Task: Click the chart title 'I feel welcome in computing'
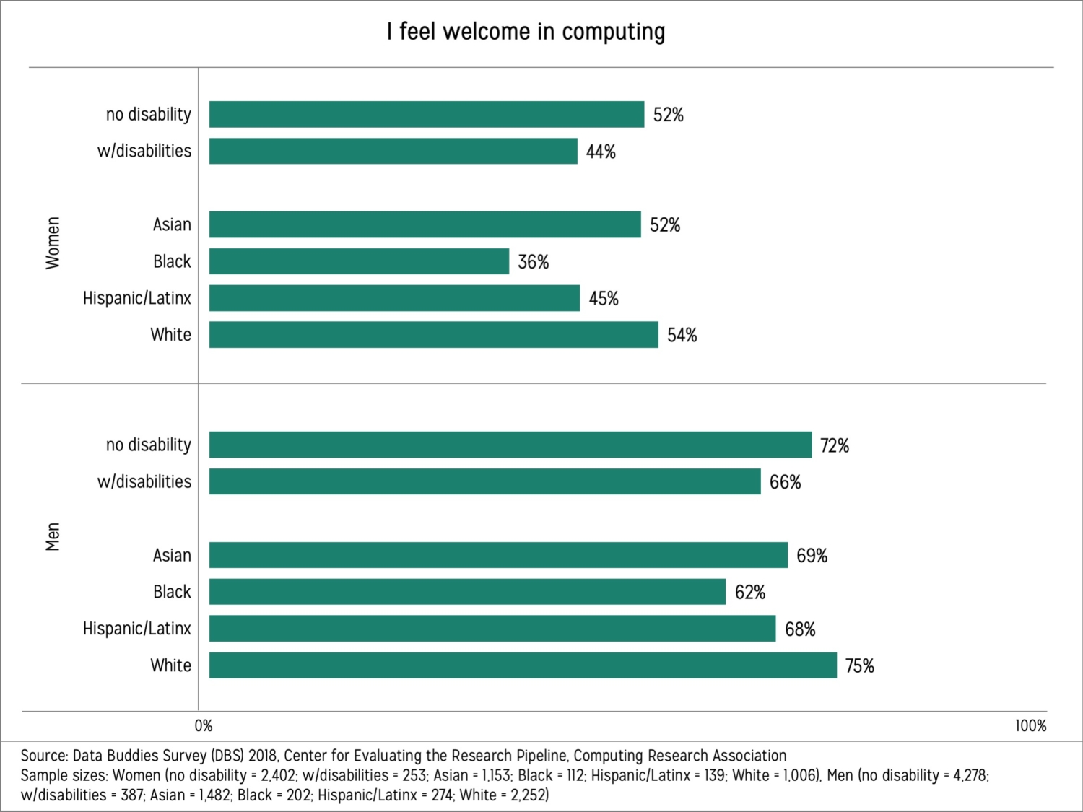tap(526, 32)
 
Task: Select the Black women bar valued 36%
tap(359, 261)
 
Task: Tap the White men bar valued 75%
tap(523, 665)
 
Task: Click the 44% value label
tap(601, 152)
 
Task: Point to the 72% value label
tap(834, 445)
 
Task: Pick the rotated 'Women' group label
tap(53, 243)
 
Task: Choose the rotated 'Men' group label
tap(53, 537)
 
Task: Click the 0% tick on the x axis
tap(204, 725)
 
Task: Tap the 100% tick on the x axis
tap(1030, 725)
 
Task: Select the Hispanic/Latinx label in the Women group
tap(137, 298)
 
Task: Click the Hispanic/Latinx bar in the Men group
tap(492, 629)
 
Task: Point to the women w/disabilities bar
tap(393, 152)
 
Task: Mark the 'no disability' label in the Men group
tap(149, 445)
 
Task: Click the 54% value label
tap(682, 335)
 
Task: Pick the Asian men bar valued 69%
tap(498, 555)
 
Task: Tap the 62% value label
tap(749, 593)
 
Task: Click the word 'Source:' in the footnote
tap(44, 756)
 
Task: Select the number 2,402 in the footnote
tap(274, 775)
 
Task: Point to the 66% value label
tap(785, 482)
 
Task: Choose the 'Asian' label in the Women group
tap(172, 224)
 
